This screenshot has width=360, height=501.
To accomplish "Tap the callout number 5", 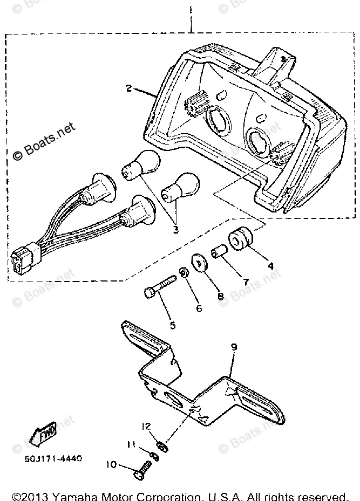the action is coord(172,325).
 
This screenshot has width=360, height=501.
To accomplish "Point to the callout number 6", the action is coord(199,308).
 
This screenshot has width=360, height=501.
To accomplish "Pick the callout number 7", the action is coord(246,281).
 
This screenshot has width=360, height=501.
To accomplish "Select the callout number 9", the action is coord(234,348).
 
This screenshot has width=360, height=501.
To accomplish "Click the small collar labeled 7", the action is coord(219,252).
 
